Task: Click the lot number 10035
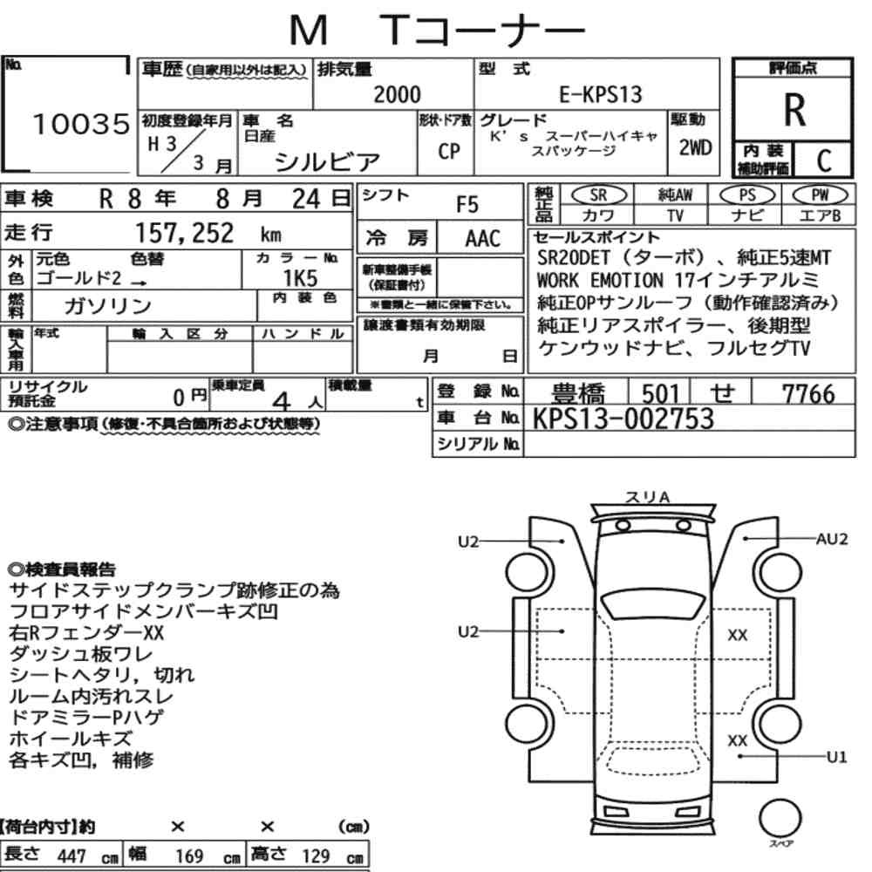pos(81,124)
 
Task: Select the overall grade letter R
pos(794,110)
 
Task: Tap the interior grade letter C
pos(824,160)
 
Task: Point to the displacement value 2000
pos(397,94)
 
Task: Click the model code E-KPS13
pos(601,94)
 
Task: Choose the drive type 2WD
pos(695,147)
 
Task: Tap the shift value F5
pos(467,205)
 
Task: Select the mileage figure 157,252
pos(185,233)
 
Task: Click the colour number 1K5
pos(300,278)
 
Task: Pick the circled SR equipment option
pos(598,195)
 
